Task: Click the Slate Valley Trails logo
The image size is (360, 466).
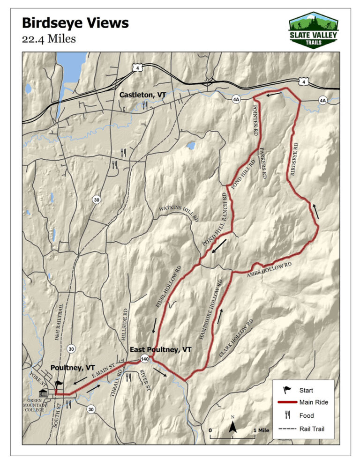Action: click(313, 30)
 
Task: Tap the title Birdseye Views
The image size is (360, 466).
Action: click(75, 23)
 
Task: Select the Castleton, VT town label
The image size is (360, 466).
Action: click(142, 95)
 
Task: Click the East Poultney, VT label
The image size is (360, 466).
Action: click(160, 349)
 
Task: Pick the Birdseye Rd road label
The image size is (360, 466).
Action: click(293, 160)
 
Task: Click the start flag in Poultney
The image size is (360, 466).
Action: click(58, 385)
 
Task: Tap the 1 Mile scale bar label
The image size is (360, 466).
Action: click(260, 430)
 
